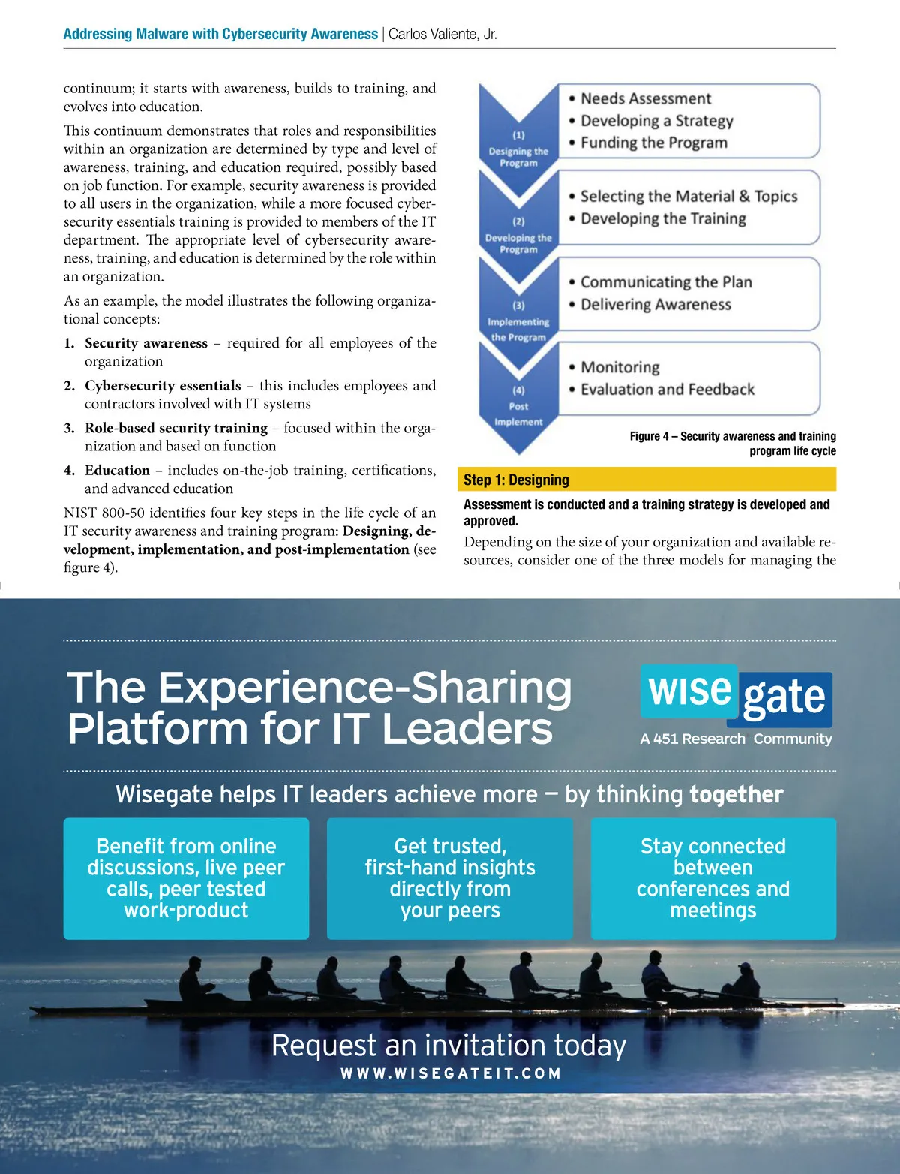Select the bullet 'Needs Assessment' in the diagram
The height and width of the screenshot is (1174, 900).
click(x=646, y=98)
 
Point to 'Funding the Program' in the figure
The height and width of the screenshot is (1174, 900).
click(x=653, y=143)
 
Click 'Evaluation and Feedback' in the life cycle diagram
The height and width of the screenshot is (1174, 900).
click(x=667, y=390)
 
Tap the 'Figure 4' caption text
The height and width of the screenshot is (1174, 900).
click(x=733, y=443)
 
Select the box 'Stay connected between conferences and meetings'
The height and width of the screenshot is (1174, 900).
click(x=712, y=878)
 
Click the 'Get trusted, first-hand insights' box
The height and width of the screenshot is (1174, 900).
click(x=449, y=878)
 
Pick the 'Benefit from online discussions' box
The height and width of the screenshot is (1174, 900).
click(x=186, y=878)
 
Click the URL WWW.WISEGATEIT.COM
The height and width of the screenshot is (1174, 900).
click(x=451, y=1073)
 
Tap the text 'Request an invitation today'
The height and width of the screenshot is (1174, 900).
click(x=448, y=1045)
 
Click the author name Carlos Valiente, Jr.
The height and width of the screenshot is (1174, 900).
click(x=442, y=34)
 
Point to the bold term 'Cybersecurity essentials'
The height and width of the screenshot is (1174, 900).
click(x=163, y=386)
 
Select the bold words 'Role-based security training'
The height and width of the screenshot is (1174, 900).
click(x=176, y=428)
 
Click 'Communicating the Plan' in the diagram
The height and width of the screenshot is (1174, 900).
click(x=665, y=282)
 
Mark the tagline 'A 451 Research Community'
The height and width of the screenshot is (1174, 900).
click(x=736, y=739)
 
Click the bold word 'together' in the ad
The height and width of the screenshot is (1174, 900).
click(x=736, y=794)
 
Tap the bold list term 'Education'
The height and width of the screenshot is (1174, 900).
click(x=117, y=471)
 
